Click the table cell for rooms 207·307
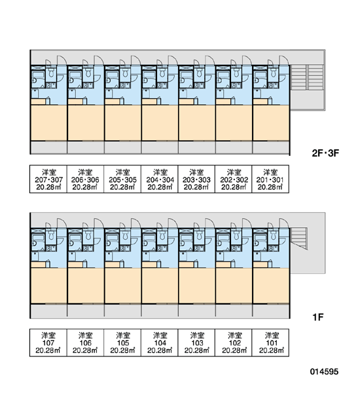(x=48, y=179)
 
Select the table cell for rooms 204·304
(x=160, y=179)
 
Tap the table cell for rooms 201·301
(x=270, y=179)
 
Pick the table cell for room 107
(x=48, y=343)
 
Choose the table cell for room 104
(x=160, y=343)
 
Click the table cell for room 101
(x=270, y=343)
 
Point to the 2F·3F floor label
(x=325, y=153)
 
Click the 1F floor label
(x=318, y=317)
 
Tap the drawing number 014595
(x=324, y=371)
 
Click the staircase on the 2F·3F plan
(x=307, y=77)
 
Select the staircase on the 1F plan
(x=299, y=238)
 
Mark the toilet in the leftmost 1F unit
(x=51, y=235)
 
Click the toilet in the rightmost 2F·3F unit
(x=273, y=73)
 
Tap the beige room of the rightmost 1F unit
(x=271, y=286)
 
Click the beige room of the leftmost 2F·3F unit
(x=49, y=123)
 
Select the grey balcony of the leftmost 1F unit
(x=49, y=310)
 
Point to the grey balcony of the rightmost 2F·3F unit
(x=271, y=147)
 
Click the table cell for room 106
(x=86, y=343)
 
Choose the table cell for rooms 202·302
(x=234, y=179)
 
